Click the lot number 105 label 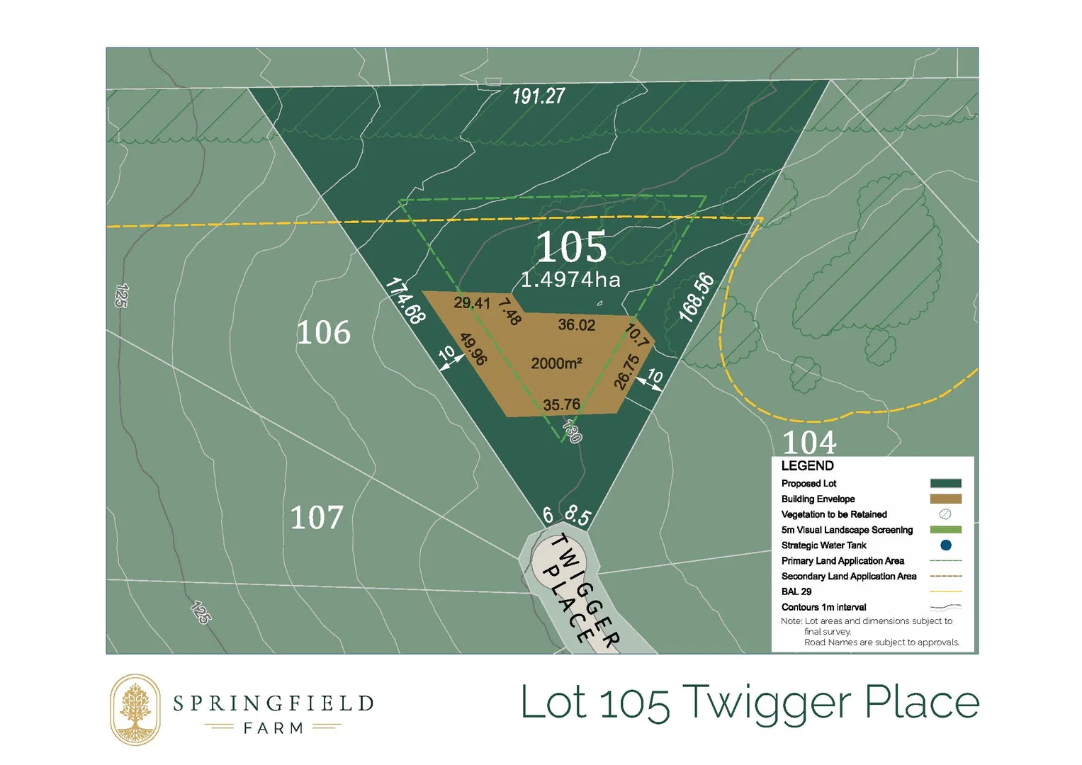571,247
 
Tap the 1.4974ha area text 570,280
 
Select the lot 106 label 323,332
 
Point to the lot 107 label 317,518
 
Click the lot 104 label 809,443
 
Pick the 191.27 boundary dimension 539,96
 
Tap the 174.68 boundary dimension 405,301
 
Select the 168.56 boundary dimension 697,297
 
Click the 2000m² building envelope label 556,363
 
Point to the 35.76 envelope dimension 561,405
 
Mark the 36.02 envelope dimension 576,325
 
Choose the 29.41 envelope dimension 472,303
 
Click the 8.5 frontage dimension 577,515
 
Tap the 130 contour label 572,430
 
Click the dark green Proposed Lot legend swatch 945,484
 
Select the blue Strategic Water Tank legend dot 945,545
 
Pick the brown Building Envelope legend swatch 945,499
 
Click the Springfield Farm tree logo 135,710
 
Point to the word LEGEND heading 807,466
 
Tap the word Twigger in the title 771,704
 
